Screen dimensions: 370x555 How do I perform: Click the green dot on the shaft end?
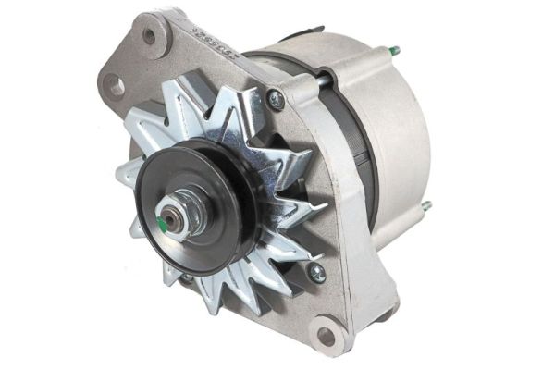coord(164,222)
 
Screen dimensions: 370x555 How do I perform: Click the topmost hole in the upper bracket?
coord(149,37)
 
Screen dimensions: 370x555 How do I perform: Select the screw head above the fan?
coord(276,100)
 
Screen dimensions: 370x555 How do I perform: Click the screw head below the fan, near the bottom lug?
coord(316,272)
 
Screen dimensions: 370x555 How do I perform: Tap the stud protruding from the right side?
coord(426,206)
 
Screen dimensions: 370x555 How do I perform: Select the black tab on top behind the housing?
coord(310,33)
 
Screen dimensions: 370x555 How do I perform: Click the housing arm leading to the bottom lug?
coord(347,268)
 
